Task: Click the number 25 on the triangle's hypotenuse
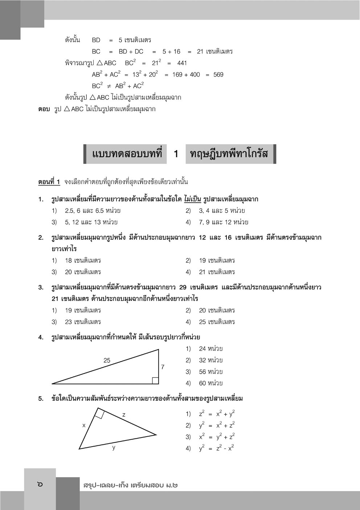(x=107, y=360)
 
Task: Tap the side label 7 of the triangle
(x=163, y=367)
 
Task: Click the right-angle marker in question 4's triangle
(x=155, y=380)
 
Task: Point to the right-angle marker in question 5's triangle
(x=100, y=413)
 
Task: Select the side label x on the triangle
(x=84, y=425)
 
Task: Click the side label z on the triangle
(x=124, y=414)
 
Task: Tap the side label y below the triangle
(x=114, y=447)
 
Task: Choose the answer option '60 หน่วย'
(x=210, y=383)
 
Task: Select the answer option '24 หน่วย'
(x=210, y=349)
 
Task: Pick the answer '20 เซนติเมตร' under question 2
(x=83, y=272)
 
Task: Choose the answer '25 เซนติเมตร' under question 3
(x=217, y=321)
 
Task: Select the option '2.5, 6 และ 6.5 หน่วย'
(x=93, y=210)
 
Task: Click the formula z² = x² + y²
(x=217, y=414)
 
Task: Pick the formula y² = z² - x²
(x=216, y=448)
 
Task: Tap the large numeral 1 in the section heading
(x=176, y=154)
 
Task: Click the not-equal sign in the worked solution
(x=109, y=86)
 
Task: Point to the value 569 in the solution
(x=218, y=74)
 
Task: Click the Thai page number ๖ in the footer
(x=40, y=484)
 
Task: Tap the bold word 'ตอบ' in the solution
(x=44, y=109)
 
